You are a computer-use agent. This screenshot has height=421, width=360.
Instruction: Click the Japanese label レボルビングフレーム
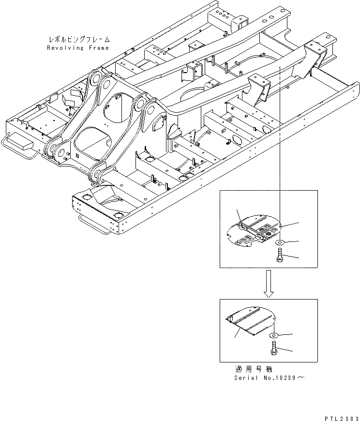pyautogui.click(x=79, y=39)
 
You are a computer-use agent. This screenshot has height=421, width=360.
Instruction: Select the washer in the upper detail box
pyautogui.click(x=281, y=242)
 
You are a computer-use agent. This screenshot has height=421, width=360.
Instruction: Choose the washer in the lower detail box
pyautogui.click(x=273, y=335)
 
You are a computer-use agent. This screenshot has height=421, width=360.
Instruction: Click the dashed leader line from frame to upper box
pyautogui.click(x=280, y=145)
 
